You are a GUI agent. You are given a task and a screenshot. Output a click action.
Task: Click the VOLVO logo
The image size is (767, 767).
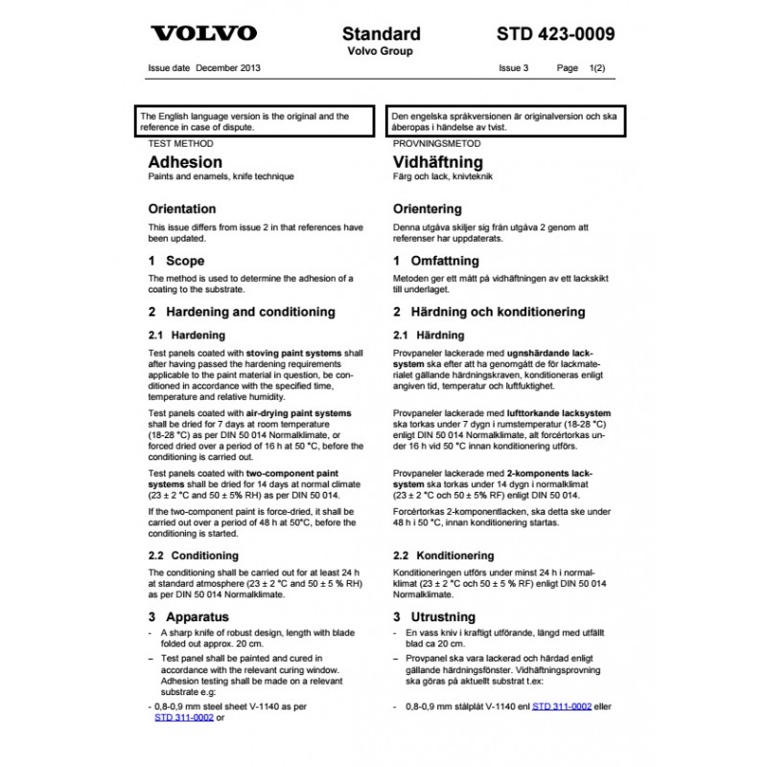coord(204,35)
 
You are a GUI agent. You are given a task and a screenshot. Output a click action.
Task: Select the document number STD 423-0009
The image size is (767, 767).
coord(556,35)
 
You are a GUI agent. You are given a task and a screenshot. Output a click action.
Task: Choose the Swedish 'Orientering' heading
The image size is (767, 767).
coord(428,209)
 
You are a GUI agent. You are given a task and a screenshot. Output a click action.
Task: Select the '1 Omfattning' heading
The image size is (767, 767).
coord(436,261)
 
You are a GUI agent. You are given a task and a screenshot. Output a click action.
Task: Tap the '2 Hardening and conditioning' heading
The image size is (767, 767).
coord(242,312)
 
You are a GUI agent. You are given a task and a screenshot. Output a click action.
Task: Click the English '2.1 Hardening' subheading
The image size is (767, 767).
coord(187,336)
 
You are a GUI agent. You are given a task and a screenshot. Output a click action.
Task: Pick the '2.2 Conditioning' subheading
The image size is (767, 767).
coord(194,555)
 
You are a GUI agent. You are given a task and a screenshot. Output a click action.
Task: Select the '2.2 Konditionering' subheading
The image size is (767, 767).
coord(444,555)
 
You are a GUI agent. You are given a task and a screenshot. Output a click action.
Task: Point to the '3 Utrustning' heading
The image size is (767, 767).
coord(434,616)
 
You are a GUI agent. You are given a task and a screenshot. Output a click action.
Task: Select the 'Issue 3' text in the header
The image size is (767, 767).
coord(514,69)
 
